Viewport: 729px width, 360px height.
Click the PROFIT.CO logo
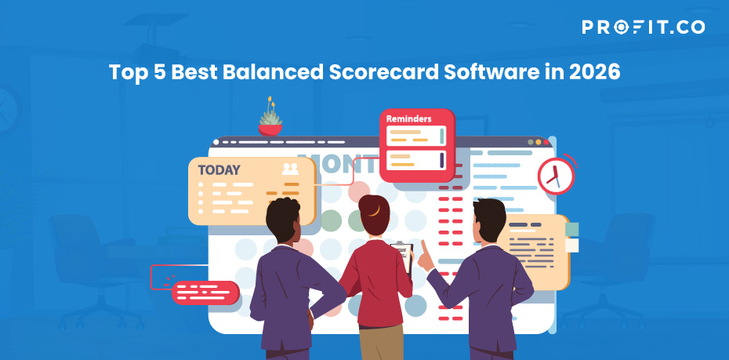(x=643, y=27)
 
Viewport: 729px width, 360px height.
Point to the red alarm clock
(x=556, y=175)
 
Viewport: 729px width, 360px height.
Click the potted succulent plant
(x=270, y=116)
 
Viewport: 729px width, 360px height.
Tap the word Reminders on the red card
(x=408, y=118)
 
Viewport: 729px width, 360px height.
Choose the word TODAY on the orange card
(x=219, y=170)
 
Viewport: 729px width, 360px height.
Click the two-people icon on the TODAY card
(x=290, y=169)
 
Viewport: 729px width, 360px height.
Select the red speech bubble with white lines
(x=205, y=293)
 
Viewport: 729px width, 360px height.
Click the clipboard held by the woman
(x=403, y=257)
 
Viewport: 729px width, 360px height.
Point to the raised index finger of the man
(x=424, y=247)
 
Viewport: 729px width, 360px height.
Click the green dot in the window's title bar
(x=531, y=142)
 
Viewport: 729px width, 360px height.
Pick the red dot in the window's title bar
(x=546, y=142)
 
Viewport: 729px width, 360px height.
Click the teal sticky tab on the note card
(x=572, y=229)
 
